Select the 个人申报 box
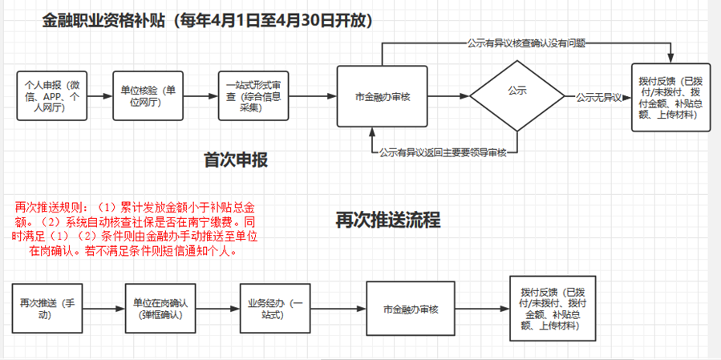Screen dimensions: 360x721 (x=52, y=96)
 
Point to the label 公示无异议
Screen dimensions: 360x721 (x=598, y=97)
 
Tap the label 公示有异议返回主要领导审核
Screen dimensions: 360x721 (x=444, y=152)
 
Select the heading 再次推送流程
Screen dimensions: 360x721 (x=387, y=219)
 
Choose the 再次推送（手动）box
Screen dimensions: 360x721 (x=46, y=309)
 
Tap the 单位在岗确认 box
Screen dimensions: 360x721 (x=160, y=309)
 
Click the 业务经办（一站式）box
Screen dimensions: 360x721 (x=274, y=309)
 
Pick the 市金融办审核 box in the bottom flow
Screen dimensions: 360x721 (x=411, y=309)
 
